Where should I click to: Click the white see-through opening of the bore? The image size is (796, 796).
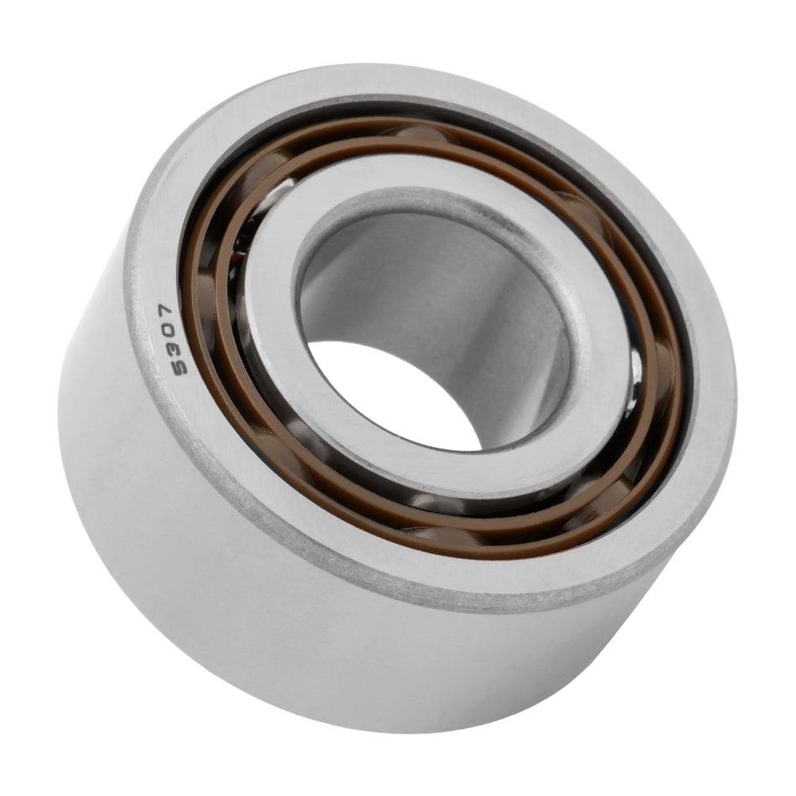click(x=394, y=394)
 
